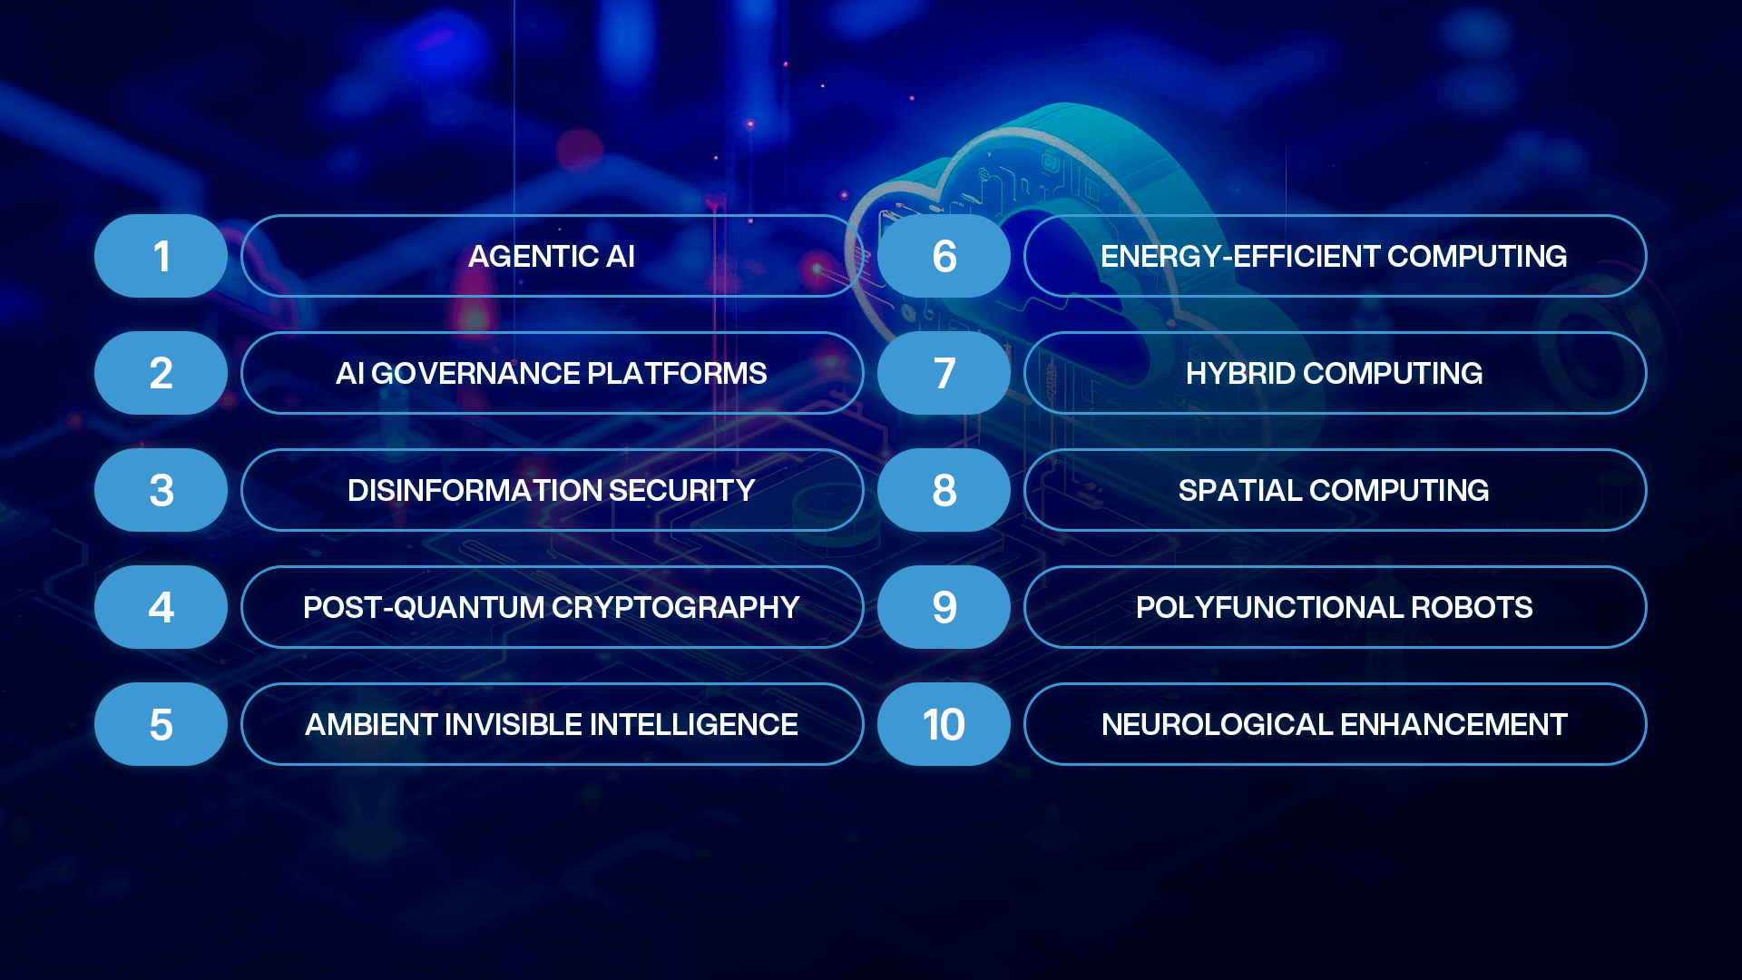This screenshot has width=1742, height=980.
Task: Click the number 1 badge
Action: point(161,256)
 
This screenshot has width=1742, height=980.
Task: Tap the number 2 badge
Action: point(161,373)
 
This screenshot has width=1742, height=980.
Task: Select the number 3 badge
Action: point(161,490)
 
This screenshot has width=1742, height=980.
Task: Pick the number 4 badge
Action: point(161,607)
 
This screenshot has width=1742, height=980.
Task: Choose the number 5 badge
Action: point(161,724)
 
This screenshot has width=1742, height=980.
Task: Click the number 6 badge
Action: point(944,256)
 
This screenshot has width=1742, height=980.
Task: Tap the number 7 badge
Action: point(944,373)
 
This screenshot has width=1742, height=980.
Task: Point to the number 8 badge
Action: point(944,490)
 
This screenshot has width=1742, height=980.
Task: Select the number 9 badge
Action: point(944,607)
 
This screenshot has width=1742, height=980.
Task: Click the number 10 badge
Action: point(944,724)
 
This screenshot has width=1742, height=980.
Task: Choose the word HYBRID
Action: point(1239,374)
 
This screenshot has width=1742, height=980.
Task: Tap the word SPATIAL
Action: point(1239,491)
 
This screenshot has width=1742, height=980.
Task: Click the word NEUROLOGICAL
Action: point(1216,725)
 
